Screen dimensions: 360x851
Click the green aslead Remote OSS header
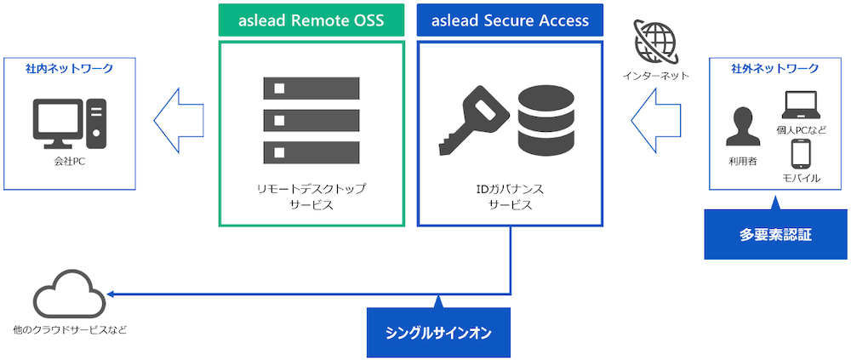click(311, 20)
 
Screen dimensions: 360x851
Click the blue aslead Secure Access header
click(510, 20)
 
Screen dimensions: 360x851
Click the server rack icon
click(311, 120)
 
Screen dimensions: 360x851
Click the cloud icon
click(69, 294)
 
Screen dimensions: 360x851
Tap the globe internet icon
click(656, 40)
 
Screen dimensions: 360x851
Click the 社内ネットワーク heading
click(69, 68)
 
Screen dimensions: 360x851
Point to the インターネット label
click(656, 76)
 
